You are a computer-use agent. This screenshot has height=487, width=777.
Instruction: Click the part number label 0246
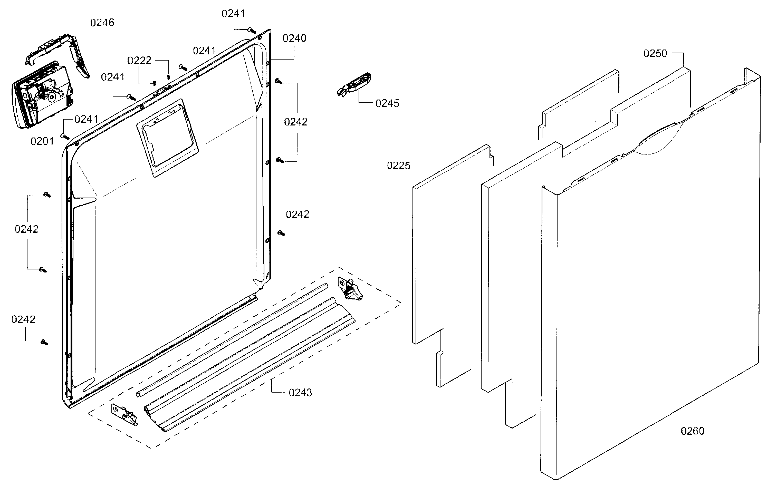(102, 23)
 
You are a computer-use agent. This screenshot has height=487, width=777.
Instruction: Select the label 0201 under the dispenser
(42, 141)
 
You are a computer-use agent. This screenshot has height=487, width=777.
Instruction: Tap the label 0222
(139, 61)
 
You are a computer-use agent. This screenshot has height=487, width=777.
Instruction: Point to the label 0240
(294, 38)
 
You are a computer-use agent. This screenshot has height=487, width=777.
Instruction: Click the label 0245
(387, 103)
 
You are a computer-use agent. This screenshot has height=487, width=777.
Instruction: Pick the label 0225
(398, 165)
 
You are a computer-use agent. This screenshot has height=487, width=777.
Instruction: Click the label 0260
(692, 431)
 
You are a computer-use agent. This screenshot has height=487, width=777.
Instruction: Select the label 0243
(300, 392)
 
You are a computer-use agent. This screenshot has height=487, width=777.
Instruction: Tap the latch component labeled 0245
(354, 84)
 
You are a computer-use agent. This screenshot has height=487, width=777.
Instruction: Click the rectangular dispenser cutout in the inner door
(168, 137)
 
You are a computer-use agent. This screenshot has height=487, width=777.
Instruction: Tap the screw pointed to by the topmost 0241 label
(252, 31)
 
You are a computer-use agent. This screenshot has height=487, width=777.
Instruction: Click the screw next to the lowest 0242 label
(44, 342)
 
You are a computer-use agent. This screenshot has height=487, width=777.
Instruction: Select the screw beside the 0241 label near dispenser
(65, 136)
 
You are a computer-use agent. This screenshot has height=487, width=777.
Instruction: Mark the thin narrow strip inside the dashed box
(232, 340)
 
